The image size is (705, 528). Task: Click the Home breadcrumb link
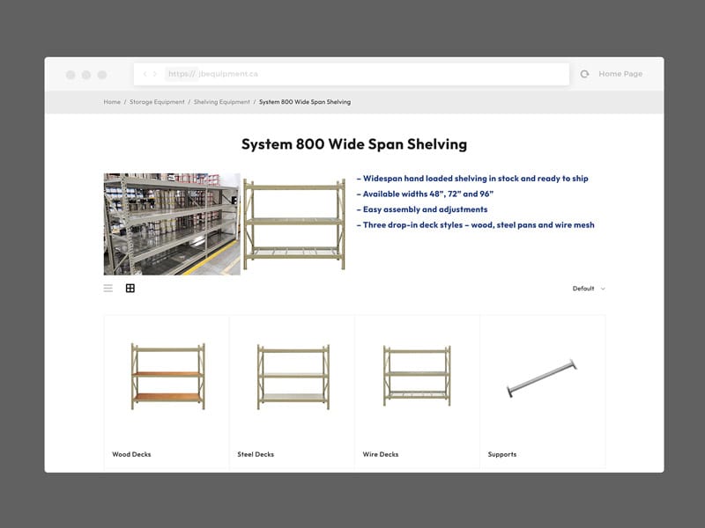click(x=112, y=102)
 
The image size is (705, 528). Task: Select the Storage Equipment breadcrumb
click(x=157, y=102)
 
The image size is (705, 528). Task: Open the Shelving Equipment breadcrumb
click(x=222, y=102)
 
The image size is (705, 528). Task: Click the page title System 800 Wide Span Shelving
click(x=354, y=144)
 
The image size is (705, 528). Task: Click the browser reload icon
click(x=584, y=75)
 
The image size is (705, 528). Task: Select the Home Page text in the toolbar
click(x=620, y=75)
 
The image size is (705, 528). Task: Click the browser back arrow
click(x=145, y=75)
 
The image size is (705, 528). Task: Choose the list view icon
click(x=108, y=288)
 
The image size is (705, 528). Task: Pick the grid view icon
click(x=130, y=288)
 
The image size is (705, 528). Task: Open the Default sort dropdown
click(x=589, y=289)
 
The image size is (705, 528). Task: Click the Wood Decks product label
click(x=131, y=455)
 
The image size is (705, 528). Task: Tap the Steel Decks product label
click(x=256, y=455)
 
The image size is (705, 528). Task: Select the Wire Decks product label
click(x=381, y=455)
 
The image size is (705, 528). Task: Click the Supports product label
click(x=502, y=455)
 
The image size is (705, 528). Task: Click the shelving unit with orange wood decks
click(x=167, y=376)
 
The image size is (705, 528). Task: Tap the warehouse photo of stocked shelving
click(x=172, y=224)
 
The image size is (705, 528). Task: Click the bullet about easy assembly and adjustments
click(x=422, y=209)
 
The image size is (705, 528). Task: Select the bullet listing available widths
click(x=425, y=194)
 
